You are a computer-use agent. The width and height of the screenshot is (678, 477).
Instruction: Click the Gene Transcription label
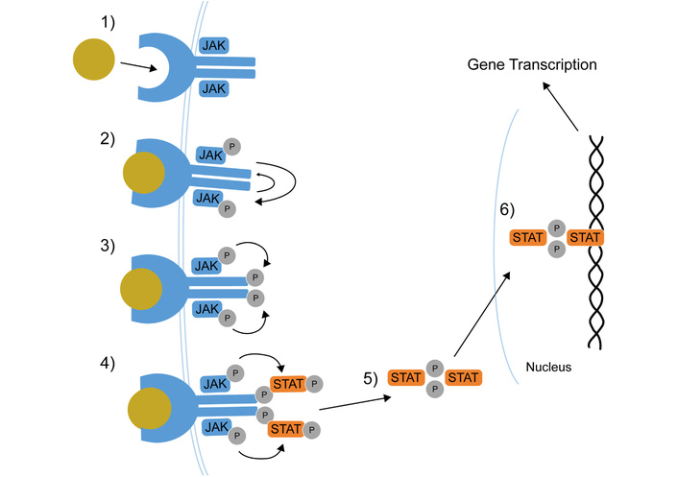(x=532, y=65)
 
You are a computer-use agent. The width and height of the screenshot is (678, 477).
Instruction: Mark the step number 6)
(x=509, y=209)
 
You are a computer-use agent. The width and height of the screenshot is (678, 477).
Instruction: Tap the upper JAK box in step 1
(x=213, y=45)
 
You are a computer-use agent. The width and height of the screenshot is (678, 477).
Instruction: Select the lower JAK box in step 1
(x=213, y=88)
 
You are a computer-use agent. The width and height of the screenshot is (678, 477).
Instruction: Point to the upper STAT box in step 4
(x=287, y=385)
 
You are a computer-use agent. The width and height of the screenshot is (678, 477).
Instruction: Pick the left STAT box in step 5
(x=406, y=377)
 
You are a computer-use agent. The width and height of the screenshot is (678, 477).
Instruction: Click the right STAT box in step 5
(x=463, y=377)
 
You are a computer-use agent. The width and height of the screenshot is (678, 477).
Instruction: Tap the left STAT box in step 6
(x=528, y=237)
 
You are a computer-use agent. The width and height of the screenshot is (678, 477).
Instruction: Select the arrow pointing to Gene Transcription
(x=562, y=107)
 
